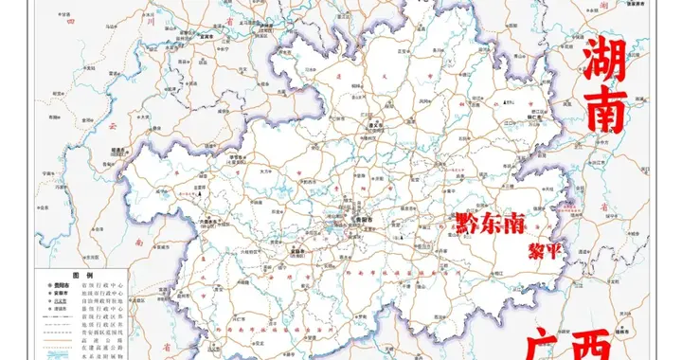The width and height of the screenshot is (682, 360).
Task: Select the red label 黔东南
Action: [x=490, y=225]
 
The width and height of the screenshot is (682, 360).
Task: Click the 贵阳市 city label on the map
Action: [x=353, y=219]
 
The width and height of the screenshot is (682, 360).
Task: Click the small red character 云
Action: [x=111, y=125]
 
